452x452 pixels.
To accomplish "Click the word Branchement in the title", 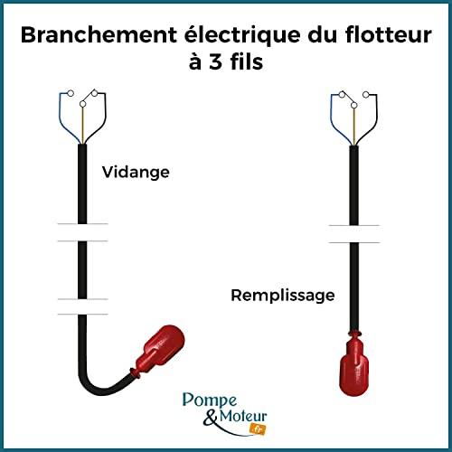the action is [x=99, y=35].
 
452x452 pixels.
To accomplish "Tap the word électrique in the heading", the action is [x=242, y=34].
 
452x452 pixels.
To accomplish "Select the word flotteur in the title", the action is [x=389, y=35].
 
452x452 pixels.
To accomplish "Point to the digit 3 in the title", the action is [x=215, y=61].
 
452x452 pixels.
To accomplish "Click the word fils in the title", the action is [x=247, y=61].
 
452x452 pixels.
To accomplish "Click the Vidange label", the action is [x=136, y=173].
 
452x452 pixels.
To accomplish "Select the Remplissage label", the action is [x=283, y=296].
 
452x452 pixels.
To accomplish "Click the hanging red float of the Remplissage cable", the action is [x=354, y=363].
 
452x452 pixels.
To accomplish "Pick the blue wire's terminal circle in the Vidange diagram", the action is [x=71, y=93].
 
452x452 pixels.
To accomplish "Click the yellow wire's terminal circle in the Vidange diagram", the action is [x=82, y=104].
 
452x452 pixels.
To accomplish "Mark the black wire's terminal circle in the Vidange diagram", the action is [x=95, y=94].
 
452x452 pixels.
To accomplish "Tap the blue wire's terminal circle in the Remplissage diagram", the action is [x=342, y=95].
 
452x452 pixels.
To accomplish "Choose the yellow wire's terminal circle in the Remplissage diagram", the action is [x=354, y=105].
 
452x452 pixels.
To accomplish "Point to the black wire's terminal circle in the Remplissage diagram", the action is [x=366, y=95].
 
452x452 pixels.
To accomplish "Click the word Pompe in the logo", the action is [x=210, y=400].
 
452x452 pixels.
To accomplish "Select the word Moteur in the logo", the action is [x=243, y=416].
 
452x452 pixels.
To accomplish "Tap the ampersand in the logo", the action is [x=211, y=418].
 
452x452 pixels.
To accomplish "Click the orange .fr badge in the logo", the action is [x=258, y=429].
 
